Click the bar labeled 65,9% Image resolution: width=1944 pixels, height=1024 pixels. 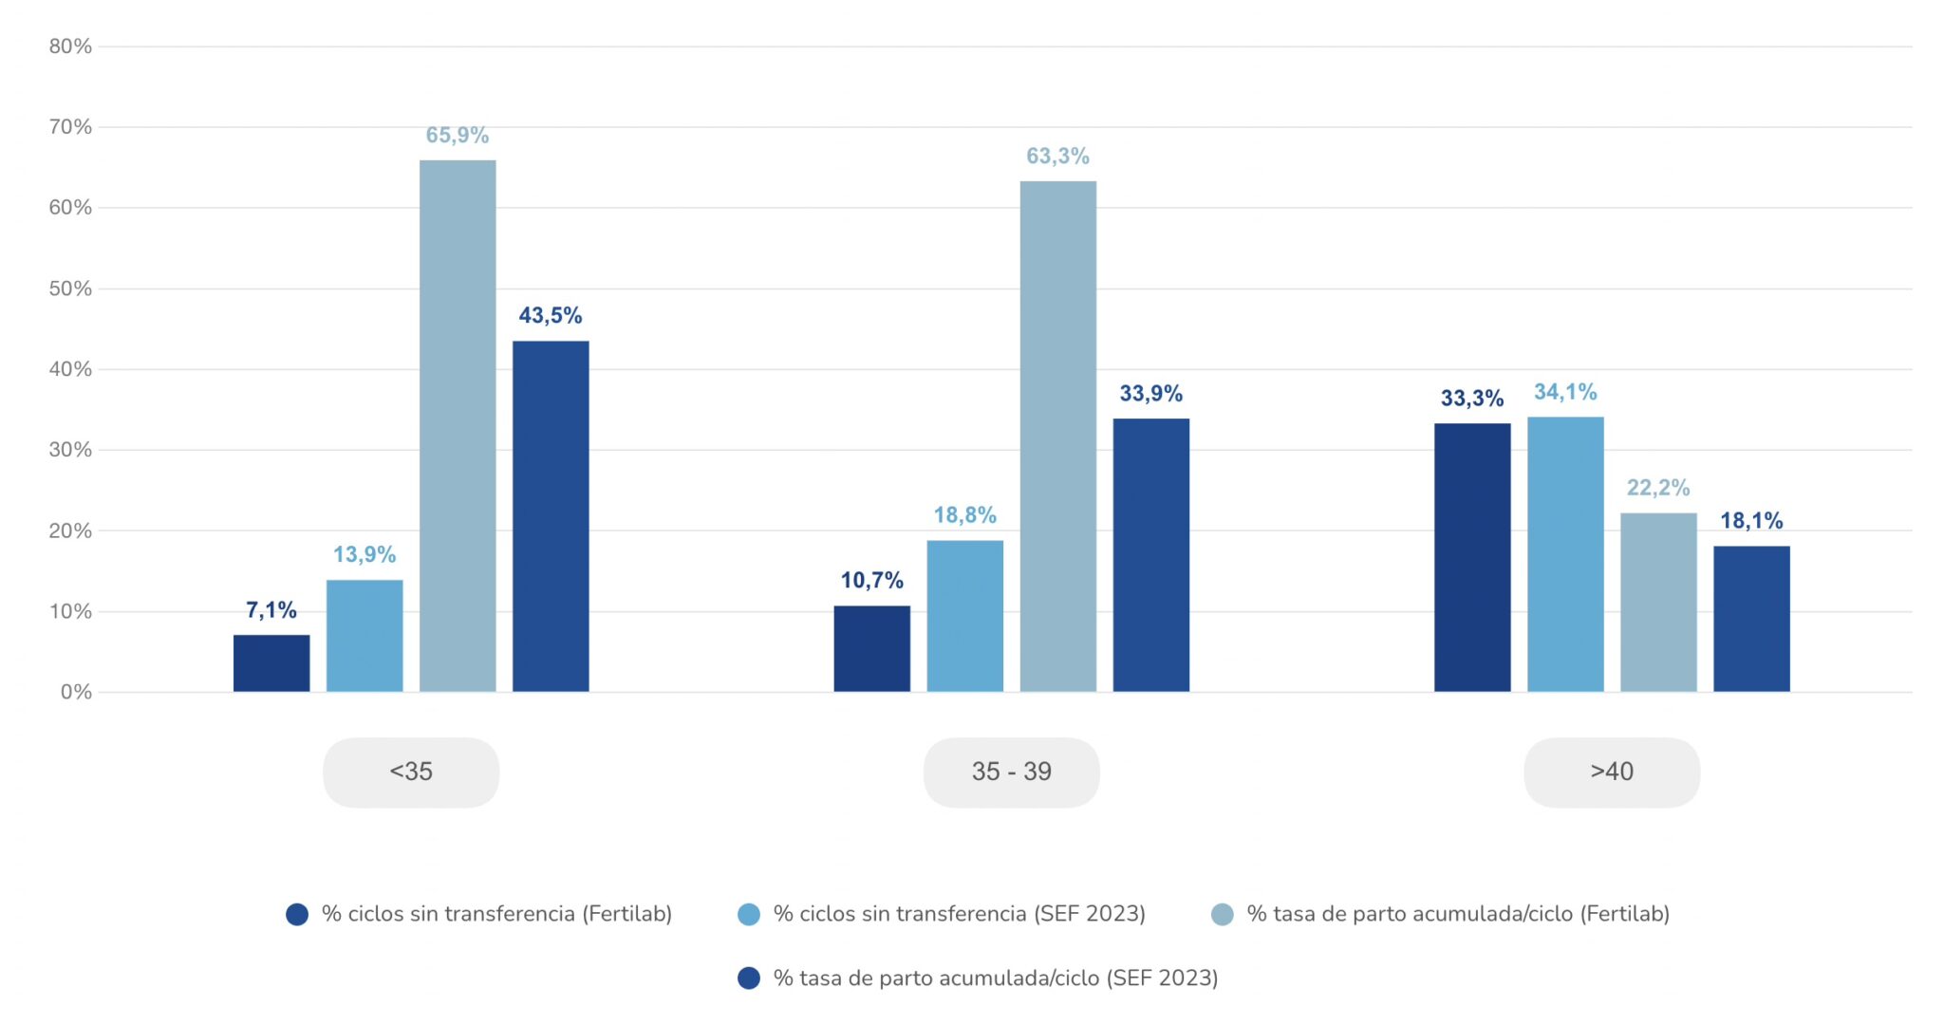[458, 425]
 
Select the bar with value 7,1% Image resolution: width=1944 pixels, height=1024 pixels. [271, 663]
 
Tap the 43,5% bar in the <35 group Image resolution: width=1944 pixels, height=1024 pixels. [551, 516]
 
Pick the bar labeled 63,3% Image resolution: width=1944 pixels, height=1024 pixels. [1058, 437]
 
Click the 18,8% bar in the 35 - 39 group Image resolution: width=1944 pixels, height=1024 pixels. [965, 616]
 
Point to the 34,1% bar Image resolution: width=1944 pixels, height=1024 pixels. [1565, 554]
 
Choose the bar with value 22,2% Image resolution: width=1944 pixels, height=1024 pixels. [1658, 603]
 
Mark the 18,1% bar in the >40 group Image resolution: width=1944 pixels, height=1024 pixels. [1751, 619]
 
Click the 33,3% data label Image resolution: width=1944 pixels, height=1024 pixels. [1472, 399]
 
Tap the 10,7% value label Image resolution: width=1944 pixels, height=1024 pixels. [871, 581]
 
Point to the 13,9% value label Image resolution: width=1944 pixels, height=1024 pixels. [364, 555]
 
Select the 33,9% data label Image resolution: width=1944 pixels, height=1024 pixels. [1151, 394]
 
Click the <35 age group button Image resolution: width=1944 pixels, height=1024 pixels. [411, 773]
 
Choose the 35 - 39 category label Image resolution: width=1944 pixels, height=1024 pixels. [1012, 773]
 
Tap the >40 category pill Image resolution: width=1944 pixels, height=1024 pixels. [1612, 773]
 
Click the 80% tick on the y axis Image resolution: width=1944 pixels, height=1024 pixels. [70, 47]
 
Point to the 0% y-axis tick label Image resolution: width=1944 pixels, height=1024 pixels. [76, 693]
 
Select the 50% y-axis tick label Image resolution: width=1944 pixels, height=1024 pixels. [70, 289]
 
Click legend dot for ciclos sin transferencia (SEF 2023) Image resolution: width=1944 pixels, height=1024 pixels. [749, 915]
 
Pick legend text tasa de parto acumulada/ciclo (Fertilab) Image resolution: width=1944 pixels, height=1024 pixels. [1458, 914]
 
